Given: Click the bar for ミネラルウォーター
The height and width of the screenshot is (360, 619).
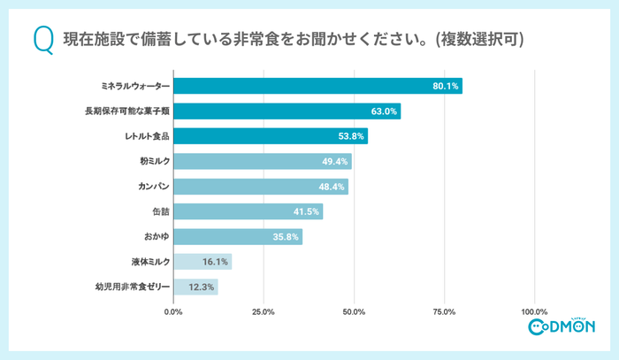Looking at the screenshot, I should pos(317,86).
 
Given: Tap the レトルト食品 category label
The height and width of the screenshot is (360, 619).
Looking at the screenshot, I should pos(147,136).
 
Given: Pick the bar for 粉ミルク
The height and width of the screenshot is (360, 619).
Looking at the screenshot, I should pos(263,161).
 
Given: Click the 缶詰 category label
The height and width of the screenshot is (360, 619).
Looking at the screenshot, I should pos(159,211).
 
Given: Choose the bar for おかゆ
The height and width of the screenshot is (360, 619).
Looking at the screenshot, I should pos(238,236).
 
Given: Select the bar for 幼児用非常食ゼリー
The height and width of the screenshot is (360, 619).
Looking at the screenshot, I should pos(195,287).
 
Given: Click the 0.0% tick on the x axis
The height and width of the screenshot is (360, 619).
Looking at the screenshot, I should pos(173,311).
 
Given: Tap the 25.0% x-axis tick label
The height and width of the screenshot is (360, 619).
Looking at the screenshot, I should pos(264,311).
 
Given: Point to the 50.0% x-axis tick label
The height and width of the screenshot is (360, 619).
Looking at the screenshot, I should pos(354,311).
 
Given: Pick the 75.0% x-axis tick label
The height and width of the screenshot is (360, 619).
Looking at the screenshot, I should pos(444,311).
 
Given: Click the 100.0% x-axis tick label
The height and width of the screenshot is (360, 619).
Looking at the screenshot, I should pos(534,311).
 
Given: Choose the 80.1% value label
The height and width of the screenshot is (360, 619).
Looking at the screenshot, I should pos(445,86).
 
